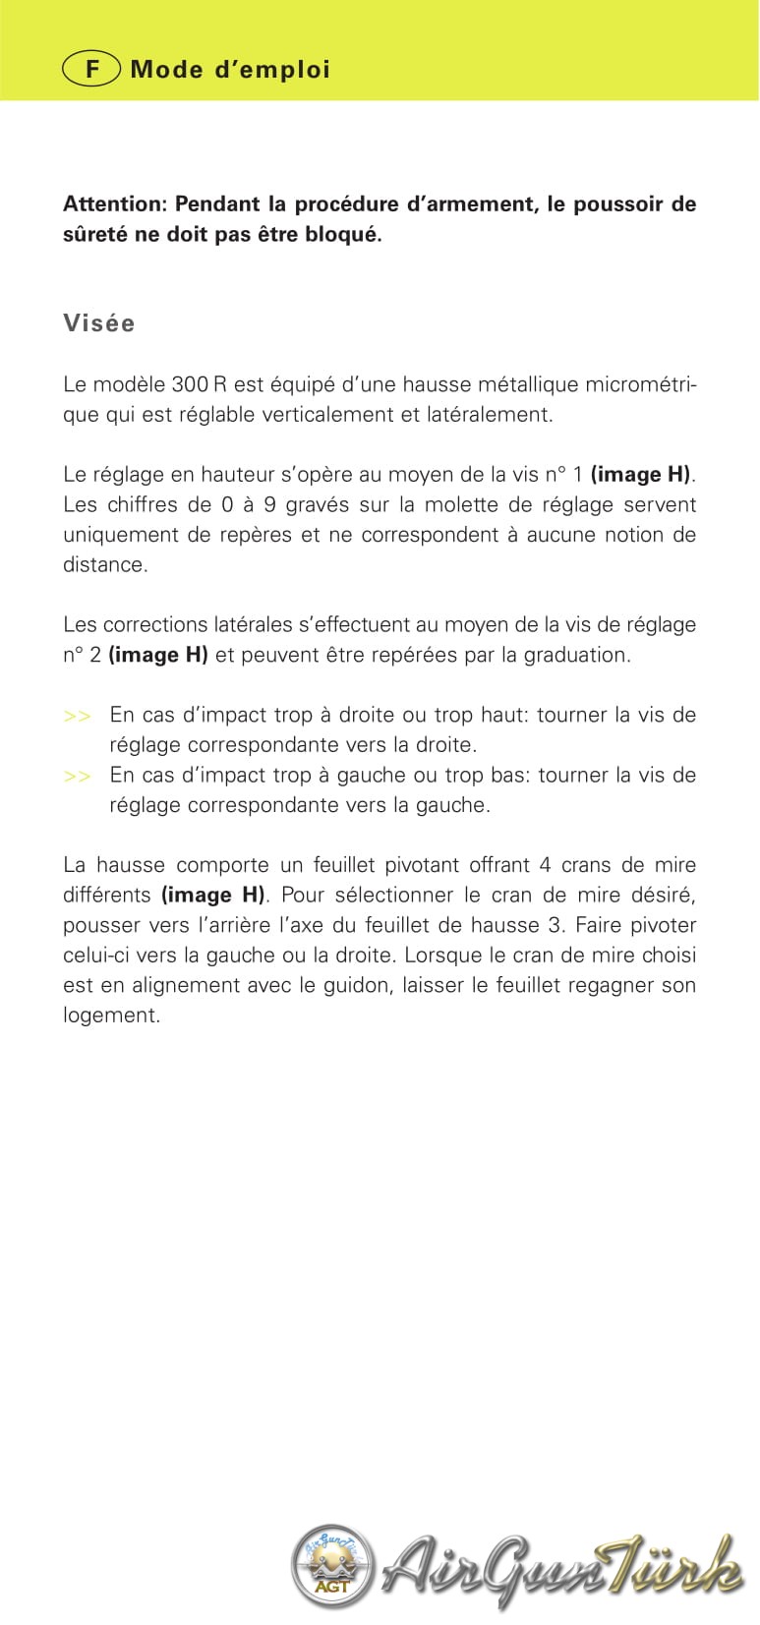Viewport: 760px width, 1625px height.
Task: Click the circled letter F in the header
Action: coord(92,70)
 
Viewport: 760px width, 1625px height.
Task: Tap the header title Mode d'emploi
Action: coord(230,70)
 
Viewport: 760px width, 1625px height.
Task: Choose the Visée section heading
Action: coord(99,323)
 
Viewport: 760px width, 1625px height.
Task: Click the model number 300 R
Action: coord(199,384)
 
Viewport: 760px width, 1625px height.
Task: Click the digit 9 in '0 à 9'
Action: coord(269,504)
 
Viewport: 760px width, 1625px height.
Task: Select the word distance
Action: coord(105,564)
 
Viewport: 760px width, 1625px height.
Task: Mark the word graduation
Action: coord(575,655)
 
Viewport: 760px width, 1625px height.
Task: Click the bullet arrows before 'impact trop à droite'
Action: coord(78,716)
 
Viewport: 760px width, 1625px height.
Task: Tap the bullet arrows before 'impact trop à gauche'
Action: coord(78,776)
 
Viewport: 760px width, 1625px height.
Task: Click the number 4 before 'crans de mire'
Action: coord(545,865)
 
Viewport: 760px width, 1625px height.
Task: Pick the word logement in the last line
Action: coord(111,1015)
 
